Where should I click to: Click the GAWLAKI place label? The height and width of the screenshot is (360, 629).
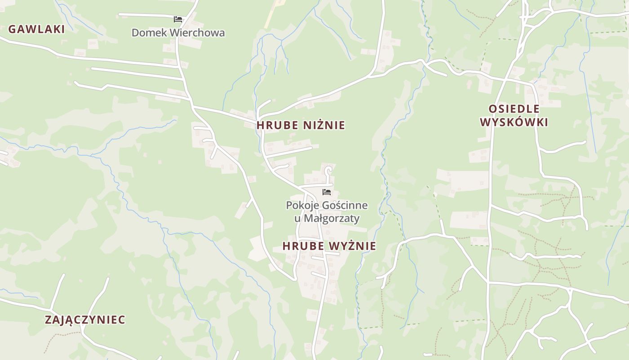coord(36,29)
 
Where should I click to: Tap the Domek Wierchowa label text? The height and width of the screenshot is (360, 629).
coord(178,33)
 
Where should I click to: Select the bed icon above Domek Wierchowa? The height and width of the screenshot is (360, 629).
coord(178,19)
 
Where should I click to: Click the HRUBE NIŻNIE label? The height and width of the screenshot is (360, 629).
coord(301,126)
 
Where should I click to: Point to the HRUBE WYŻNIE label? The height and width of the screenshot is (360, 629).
coord(329,246)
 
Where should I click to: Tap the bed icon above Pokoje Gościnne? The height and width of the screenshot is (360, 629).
coord(327,192)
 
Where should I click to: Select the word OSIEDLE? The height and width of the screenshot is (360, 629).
coord(514,109)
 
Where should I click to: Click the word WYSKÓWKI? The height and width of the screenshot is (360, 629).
coord(514,122)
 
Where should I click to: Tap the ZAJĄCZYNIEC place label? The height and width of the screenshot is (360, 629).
coord(85,320)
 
